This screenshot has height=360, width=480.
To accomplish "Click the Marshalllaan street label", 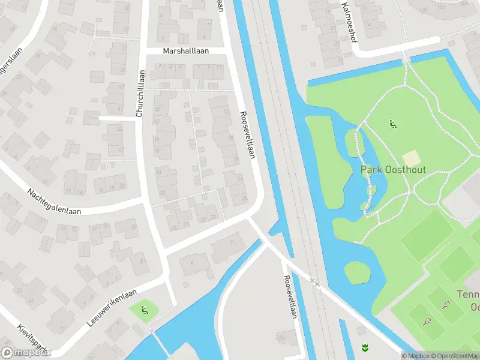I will pyautogui.click(x=186, y=51).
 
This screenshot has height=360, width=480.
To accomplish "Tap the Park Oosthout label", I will pyautogui.click(x=393, y=170).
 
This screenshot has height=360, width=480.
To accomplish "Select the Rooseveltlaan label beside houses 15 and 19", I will pyautogui.click(x=247, y=136).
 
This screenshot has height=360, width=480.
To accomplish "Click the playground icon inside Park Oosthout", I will pyautogui.click(x=393, y=125).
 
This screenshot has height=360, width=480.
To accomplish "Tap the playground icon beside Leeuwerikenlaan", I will pyautogui.click(x=144, y=310).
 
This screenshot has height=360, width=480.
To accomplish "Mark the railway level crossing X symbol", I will pyautogui.click(x=315, y=281).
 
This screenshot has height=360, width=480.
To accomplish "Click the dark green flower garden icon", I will pyautogui.click(x=364, y=347).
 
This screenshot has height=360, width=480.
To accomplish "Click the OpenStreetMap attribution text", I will pyautogui.click(x=453, y=356).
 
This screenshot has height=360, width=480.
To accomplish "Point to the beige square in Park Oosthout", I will pyautogui.click(x=411, y=158).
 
